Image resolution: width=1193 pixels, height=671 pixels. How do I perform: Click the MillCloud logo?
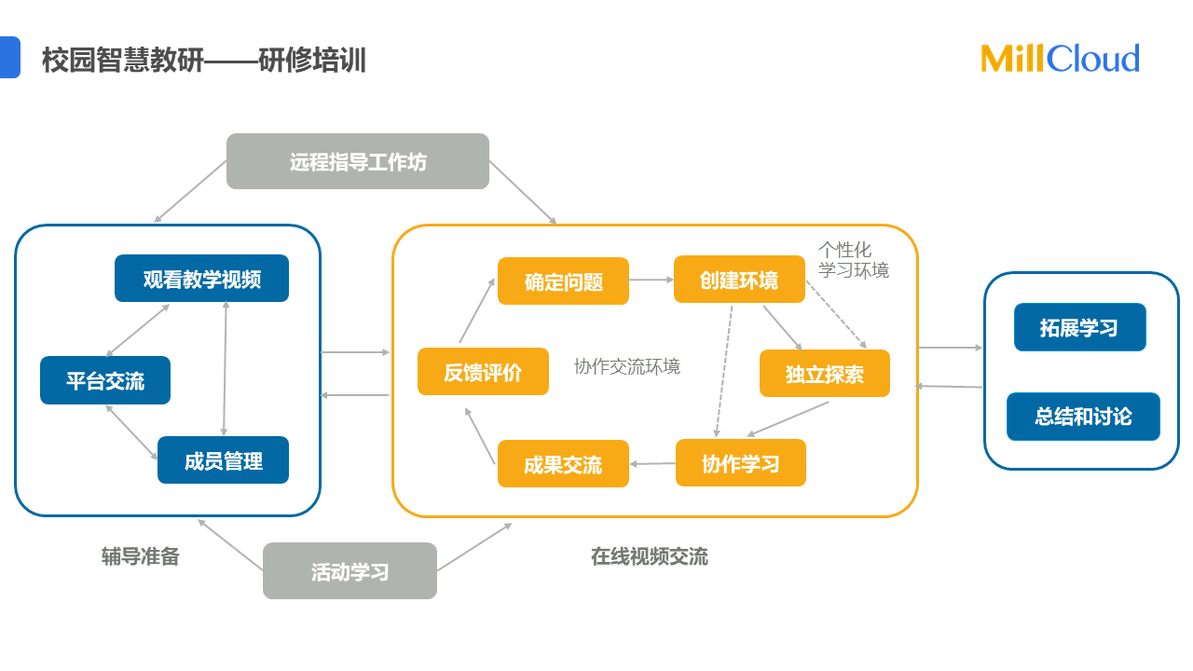pos(1060,59)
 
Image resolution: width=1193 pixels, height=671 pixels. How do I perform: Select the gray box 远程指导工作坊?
pos(358,161)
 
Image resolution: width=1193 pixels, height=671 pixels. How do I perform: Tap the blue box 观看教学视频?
pos(201,279)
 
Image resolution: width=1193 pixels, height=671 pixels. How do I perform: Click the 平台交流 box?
pos(105,380)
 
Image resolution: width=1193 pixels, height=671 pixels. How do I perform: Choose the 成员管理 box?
pos(223,460)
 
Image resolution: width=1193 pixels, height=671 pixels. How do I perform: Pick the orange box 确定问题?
pos(563,281)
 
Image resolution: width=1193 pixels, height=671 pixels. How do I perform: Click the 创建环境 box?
pos(739,280)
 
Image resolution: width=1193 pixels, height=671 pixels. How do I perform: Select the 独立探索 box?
pos(824,374)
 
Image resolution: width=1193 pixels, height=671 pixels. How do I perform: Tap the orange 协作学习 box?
pos(740,463)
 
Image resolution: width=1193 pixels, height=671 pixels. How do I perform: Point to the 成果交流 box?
pos(563,464)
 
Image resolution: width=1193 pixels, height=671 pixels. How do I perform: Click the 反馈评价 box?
pos(483,372)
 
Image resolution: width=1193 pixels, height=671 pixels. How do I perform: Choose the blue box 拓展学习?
pos(1079,327)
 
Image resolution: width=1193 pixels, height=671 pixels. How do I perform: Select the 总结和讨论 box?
pos(1083,417)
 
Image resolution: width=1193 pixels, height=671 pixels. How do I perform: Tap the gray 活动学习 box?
pos(350,570)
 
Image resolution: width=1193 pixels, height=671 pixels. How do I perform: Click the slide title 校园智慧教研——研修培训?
pos(204,61)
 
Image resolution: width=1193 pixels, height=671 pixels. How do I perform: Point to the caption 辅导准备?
pos(140,556)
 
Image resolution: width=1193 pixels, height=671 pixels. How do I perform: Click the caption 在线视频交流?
pos(649,556)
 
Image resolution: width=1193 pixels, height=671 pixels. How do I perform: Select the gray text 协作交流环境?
pos(627,366)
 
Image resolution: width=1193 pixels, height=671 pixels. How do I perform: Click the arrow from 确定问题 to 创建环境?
pos(651,280)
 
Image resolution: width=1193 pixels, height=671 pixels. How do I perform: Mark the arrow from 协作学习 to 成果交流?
pos(652,463)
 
